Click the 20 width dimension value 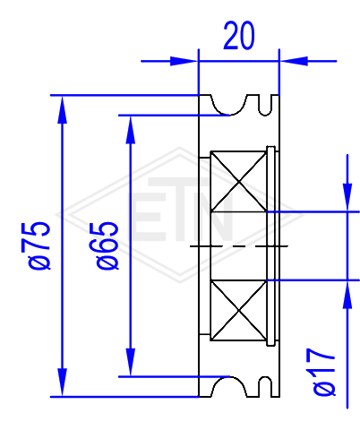coord(239,36)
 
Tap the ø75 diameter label coord(39,245)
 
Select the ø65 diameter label coord(107,245)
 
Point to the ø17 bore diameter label coord(324,372)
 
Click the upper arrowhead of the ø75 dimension coord(62,109)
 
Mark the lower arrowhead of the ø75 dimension coord(62,383)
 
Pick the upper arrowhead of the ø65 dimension coord(131,130)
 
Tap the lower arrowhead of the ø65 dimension coord(131,362)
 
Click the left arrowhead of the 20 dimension coord(184,61)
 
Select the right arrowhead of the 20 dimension coord(294,61)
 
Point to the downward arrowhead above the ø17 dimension coord(347,197)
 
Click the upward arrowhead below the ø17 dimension coord(347,295)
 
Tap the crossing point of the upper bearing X coord(239,182)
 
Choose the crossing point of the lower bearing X coord(239,311)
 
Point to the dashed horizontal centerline coord(239,246)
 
